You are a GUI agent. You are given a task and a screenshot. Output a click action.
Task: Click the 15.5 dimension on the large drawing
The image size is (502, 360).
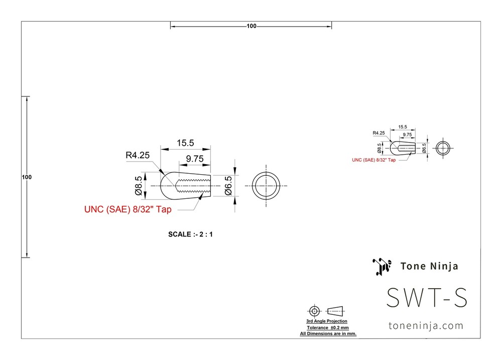click(x=185, y=143)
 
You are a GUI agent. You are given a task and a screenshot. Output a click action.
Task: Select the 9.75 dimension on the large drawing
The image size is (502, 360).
click(x=195, y=159)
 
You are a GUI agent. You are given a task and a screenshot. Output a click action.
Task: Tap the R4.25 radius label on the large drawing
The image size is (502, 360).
click(x=138, y=155)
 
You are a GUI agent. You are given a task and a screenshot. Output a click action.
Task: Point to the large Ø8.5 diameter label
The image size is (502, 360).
click(x=139, y=186)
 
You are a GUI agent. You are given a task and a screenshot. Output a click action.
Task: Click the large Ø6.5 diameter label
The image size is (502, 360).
click(x=228, y=186)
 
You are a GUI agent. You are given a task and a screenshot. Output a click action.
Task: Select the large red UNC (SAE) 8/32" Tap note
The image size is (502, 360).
click(x=128, y=209)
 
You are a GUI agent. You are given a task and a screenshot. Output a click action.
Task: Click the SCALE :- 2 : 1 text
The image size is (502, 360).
click(x=190, y=234)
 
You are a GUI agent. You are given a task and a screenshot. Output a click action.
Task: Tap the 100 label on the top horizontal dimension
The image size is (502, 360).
click(x=252, y=26)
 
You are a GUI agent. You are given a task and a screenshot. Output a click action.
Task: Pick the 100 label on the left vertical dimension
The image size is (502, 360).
click(x=27, y=177)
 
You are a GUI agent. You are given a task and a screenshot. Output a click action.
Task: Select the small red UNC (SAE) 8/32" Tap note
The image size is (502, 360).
click(x=373, y=160)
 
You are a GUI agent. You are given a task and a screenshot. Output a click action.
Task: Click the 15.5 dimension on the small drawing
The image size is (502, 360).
click(x=403, y=127)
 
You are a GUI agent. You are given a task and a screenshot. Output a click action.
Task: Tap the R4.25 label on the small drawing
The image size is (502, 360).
click(x=379, y=133)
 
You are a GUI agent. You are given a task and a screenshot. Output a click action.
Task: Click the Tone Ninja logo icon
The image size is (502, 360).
click(x=382, y=267)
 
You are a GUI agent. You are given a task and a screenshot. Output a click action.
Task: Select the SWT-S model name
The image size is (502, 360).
click(x=427, y=298)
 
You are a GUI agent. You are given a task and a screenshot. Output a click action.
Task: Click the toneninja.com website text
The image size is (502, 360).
click(x=426, y=326)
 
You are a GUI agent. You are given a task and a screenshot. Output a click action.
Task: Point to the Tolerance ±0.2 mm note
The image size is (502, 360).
click(x=328, y=328)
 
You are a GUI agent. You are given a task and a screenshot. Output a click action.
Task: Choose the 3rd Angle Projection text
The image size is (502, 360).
click(x=327, y=321)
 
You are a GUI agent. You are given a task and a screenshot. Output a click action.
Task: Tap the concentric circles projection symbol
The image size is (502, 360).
click(x=314, y=306)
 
